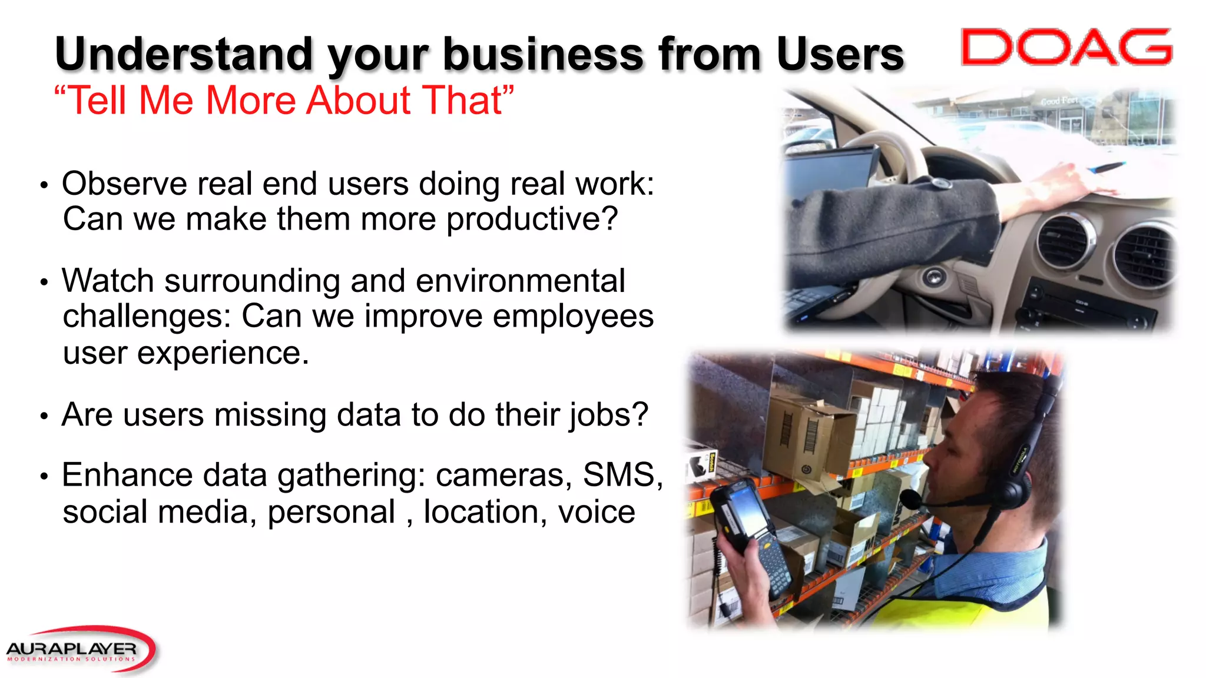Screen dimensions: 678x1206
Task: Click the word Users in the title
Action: pos(840,54)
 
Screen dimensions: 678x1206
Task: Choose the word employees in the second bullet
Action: pos(573,316)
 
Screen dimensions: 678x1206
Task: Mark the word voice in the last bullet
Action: pos(597,512)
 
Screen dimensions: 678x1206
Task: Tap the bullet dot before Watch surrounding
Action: pos(44,282)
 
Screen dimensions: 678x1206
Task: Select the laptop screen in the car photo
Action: pos(827,174)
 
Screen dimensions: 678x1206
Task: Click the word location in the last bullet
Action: pos(482,512)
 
